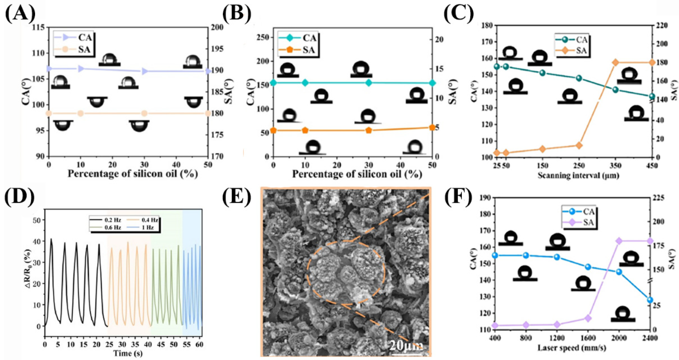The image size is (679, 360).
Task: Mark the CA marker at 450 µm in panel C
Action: click(x=652, y=96)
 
